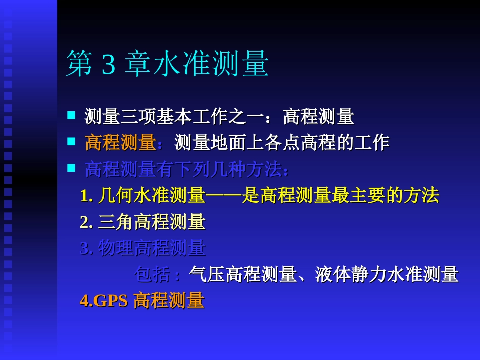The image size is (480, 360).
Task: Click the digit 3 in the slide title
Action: [109, 65]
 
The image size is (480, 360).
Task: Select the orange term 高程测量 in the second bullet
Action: [120, 143]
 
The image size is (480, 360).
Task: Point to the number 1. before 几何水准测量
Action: [86, 196]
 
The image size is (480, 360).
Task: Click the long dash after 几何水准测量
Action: [223, 196]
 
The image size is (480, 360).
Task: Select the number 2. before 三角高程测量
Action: [86, 222]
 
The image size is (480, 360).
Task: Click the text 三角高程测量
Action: [152, 222]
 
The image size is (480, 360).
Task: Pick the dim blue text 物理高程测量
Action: [152, 248]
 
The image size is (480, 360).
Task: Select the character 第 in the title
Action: [79, 65]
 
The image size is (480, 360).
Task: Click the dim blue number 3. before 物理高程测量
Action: [86, 248]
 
